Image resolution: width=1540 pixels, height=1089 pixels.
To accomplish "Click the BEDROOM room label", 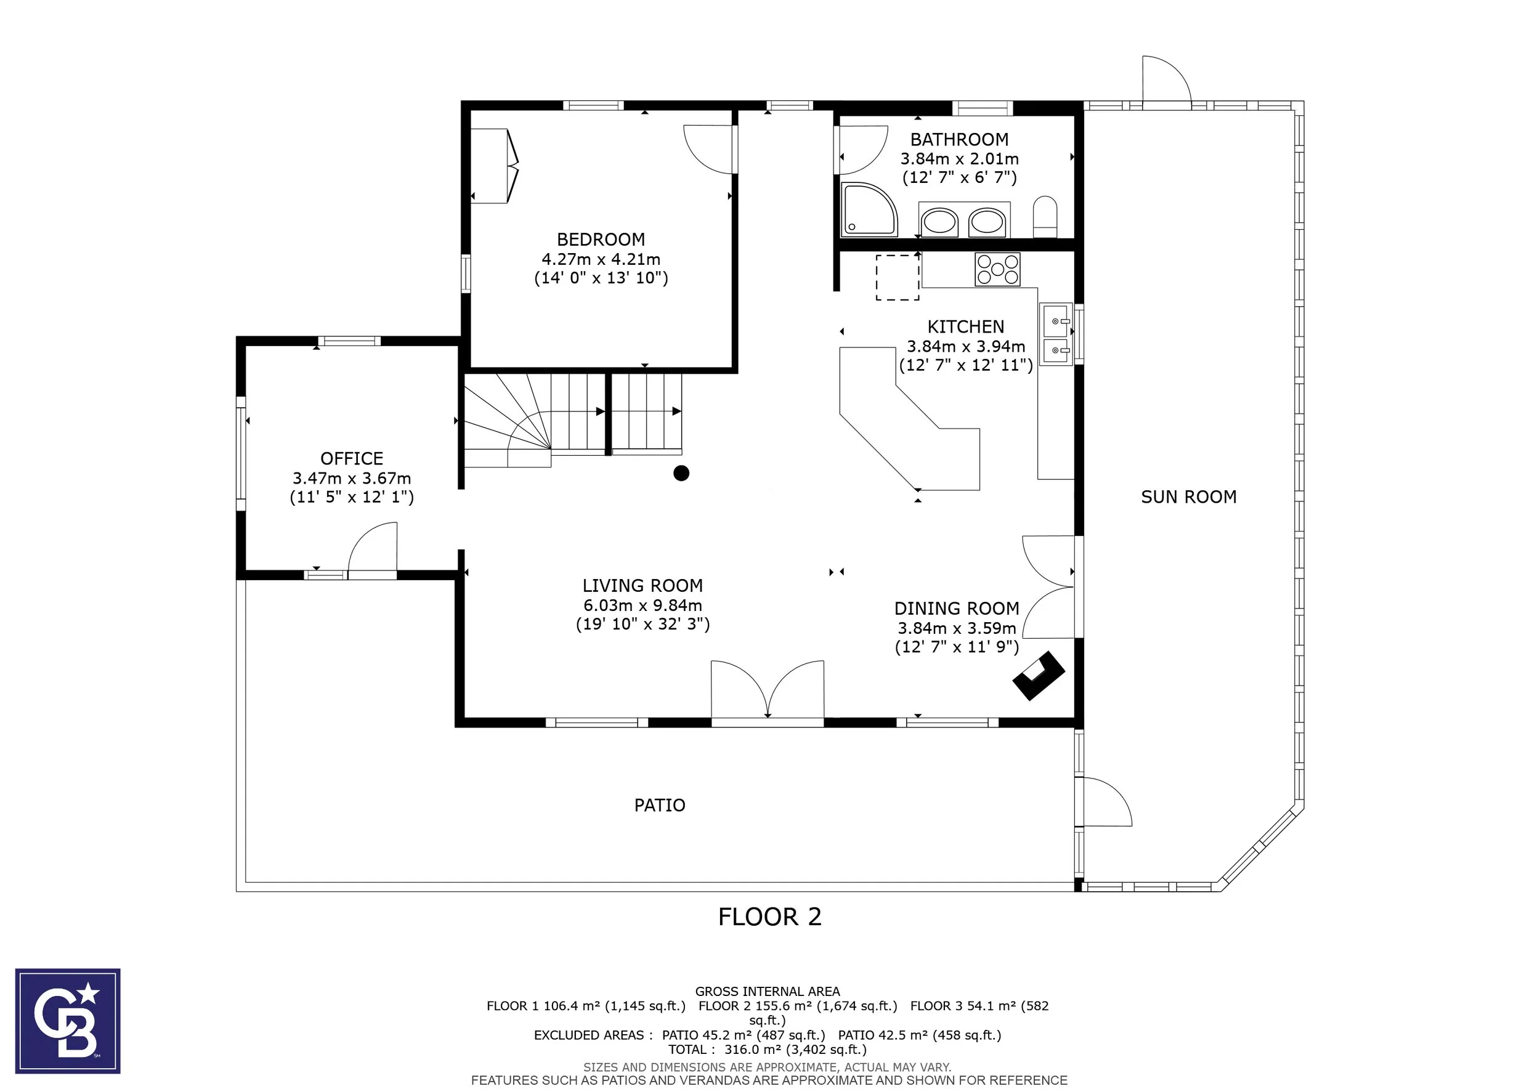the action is tap(601, 240).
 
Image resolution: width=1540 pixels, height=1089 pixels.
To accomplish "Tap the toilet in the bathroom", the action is tap(1045, 217).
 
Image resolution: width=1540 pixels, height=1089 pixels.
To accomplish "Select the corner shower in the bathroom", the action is tap(870, 209).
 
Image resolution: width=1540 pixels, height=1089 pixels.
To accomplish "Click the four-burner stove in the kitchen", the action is tap(997, 270).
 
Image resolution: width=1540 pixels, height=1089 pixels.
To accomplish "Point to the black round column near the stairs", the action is tap(681, 474).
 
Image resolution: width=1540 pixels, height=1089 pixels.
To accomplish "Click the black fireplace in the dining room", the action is tap(1039, 675).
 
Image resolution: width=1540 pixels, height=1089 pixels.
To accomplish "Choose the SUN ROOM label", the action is tap(1188, 497).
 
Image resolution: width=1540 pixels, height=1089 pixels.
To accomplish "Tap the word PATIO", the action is tap(660, 805).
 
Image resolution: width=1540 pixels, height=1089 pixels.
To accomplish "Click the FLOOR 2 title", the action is tap(770, 917).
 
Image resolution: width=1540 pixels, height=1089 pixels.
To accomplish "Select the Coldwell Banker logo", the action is tap(68, 1021).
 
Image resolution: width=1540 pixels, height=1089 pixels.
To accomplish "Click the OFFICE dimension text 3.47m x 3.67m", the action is tap(352, 478).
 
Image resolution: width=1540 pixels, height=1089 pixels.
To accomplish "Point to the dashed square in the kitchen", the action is tap(898, 277).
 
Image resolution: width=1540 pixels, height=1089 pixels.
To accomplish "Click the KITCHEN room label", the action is tap(966, 326).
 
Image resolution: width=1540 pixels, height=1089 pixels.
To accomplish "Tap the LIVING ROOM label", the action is tap(642, 585).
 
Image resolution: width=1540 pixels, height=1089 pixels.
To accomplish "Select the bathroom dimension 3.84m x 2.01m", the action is tap(959, 159).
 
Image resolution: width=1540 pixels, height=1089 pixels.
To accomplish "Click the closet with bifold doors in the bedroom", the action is tap(495, 166).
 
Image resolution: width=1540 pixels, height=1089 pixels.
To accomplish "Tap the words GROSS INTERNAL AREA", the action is tap(768, 991).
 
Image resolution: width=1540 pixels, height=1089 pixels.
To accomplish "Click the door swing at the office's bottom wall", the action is tap(372, 547).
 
